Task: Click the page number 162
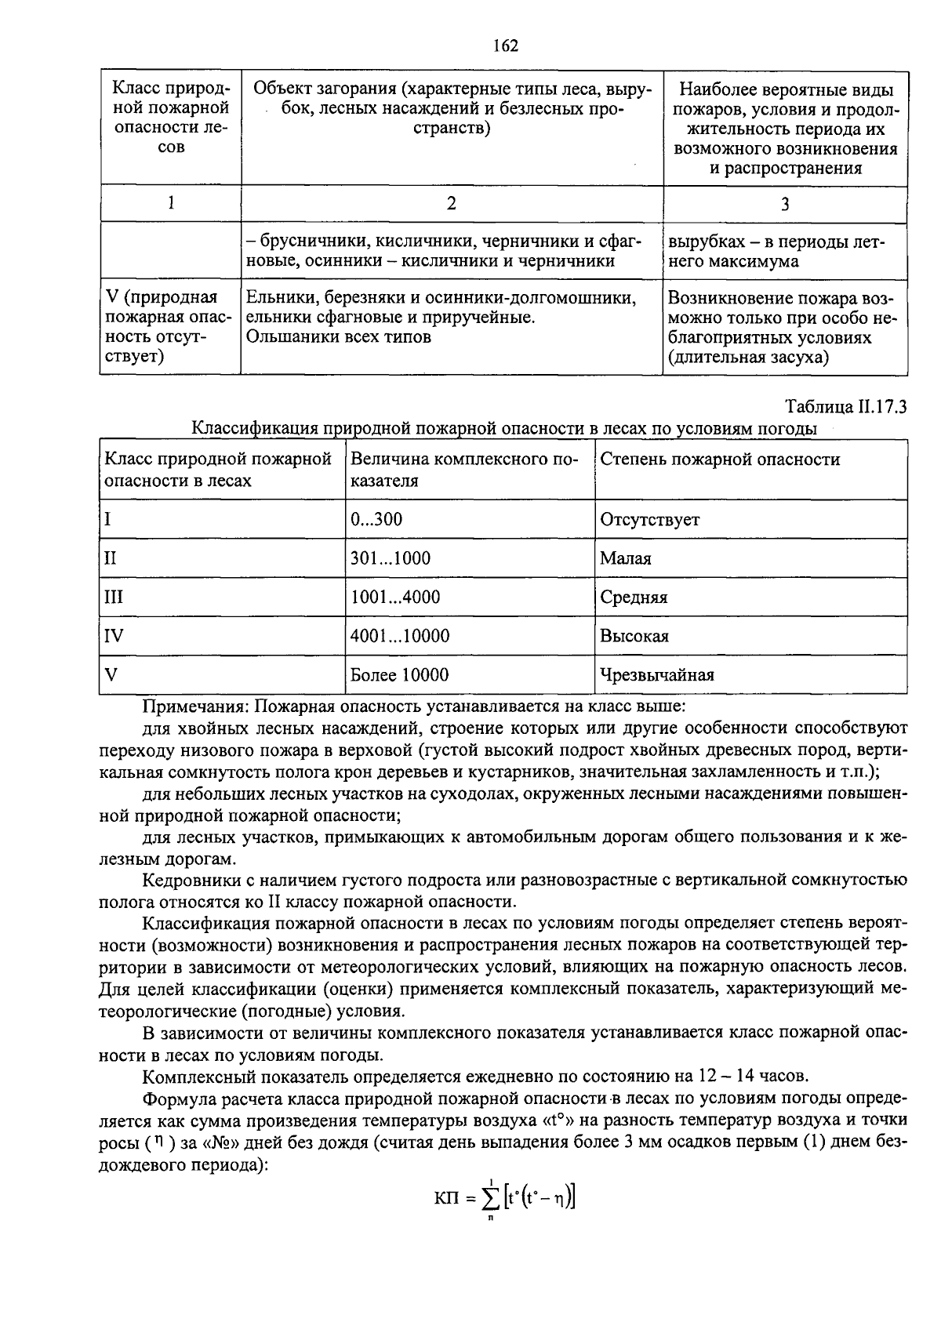[505, 45]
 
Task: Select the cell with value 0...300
[376, 519]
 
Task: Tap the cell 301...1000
[390, 558]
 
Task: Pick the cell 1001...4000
[394, 597]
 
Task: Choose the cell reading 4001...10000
[399, 636]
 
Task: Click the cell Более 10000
[399, 674]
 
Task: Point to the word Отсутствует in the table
[649, 519]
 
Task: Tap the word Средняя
[634, 597]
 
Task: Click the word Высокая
[634, 636]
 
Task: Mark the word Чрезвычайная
[656, 674]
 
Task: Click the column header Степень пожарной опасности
[719, 459]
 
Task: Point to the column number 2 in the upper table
[451, 204]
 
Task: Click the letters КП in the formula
[446, 1198]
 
